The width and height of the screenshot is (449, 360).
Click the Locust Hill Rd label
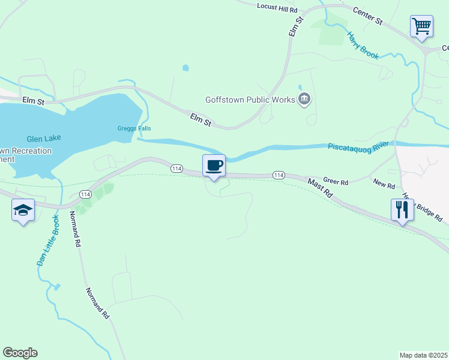click(x=277, y=8)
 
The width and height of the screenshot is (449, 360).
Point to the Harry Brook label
click(x=363, y=45)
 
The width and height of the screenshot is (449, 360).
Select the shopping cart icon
click(x=422, y=26)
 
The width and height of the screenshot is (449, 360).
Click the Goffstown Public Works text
click(x=250, y=100)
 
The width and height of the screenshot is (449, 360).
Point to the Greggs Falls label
click(x=134, y=128)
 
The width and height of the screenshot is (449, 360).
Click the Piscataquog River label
click(x=358, y=146)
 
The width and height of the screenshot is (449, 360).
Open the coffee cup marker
click(x=214, y=165)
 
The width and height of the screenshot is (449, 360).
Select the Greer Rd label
click(x=336, y=181)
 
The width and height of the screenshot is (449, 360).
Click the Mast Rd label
click(x=319, y=188)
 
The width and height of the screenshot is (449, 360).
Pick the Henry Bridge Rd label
click(x=422, y=208)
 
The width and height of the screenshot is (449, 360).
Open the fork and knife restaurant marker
click(x=402, y=210)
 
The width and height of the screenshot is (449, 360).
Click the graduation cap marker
click(x=23, y=210)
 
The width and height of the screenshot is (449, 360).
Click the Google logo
click(x=20, y=353)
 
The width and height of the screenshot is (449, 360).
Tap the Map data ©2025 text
click(x=423, y=355)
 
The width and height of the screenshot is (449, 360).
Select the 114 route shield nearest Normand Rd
click(x=85, y=194)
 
